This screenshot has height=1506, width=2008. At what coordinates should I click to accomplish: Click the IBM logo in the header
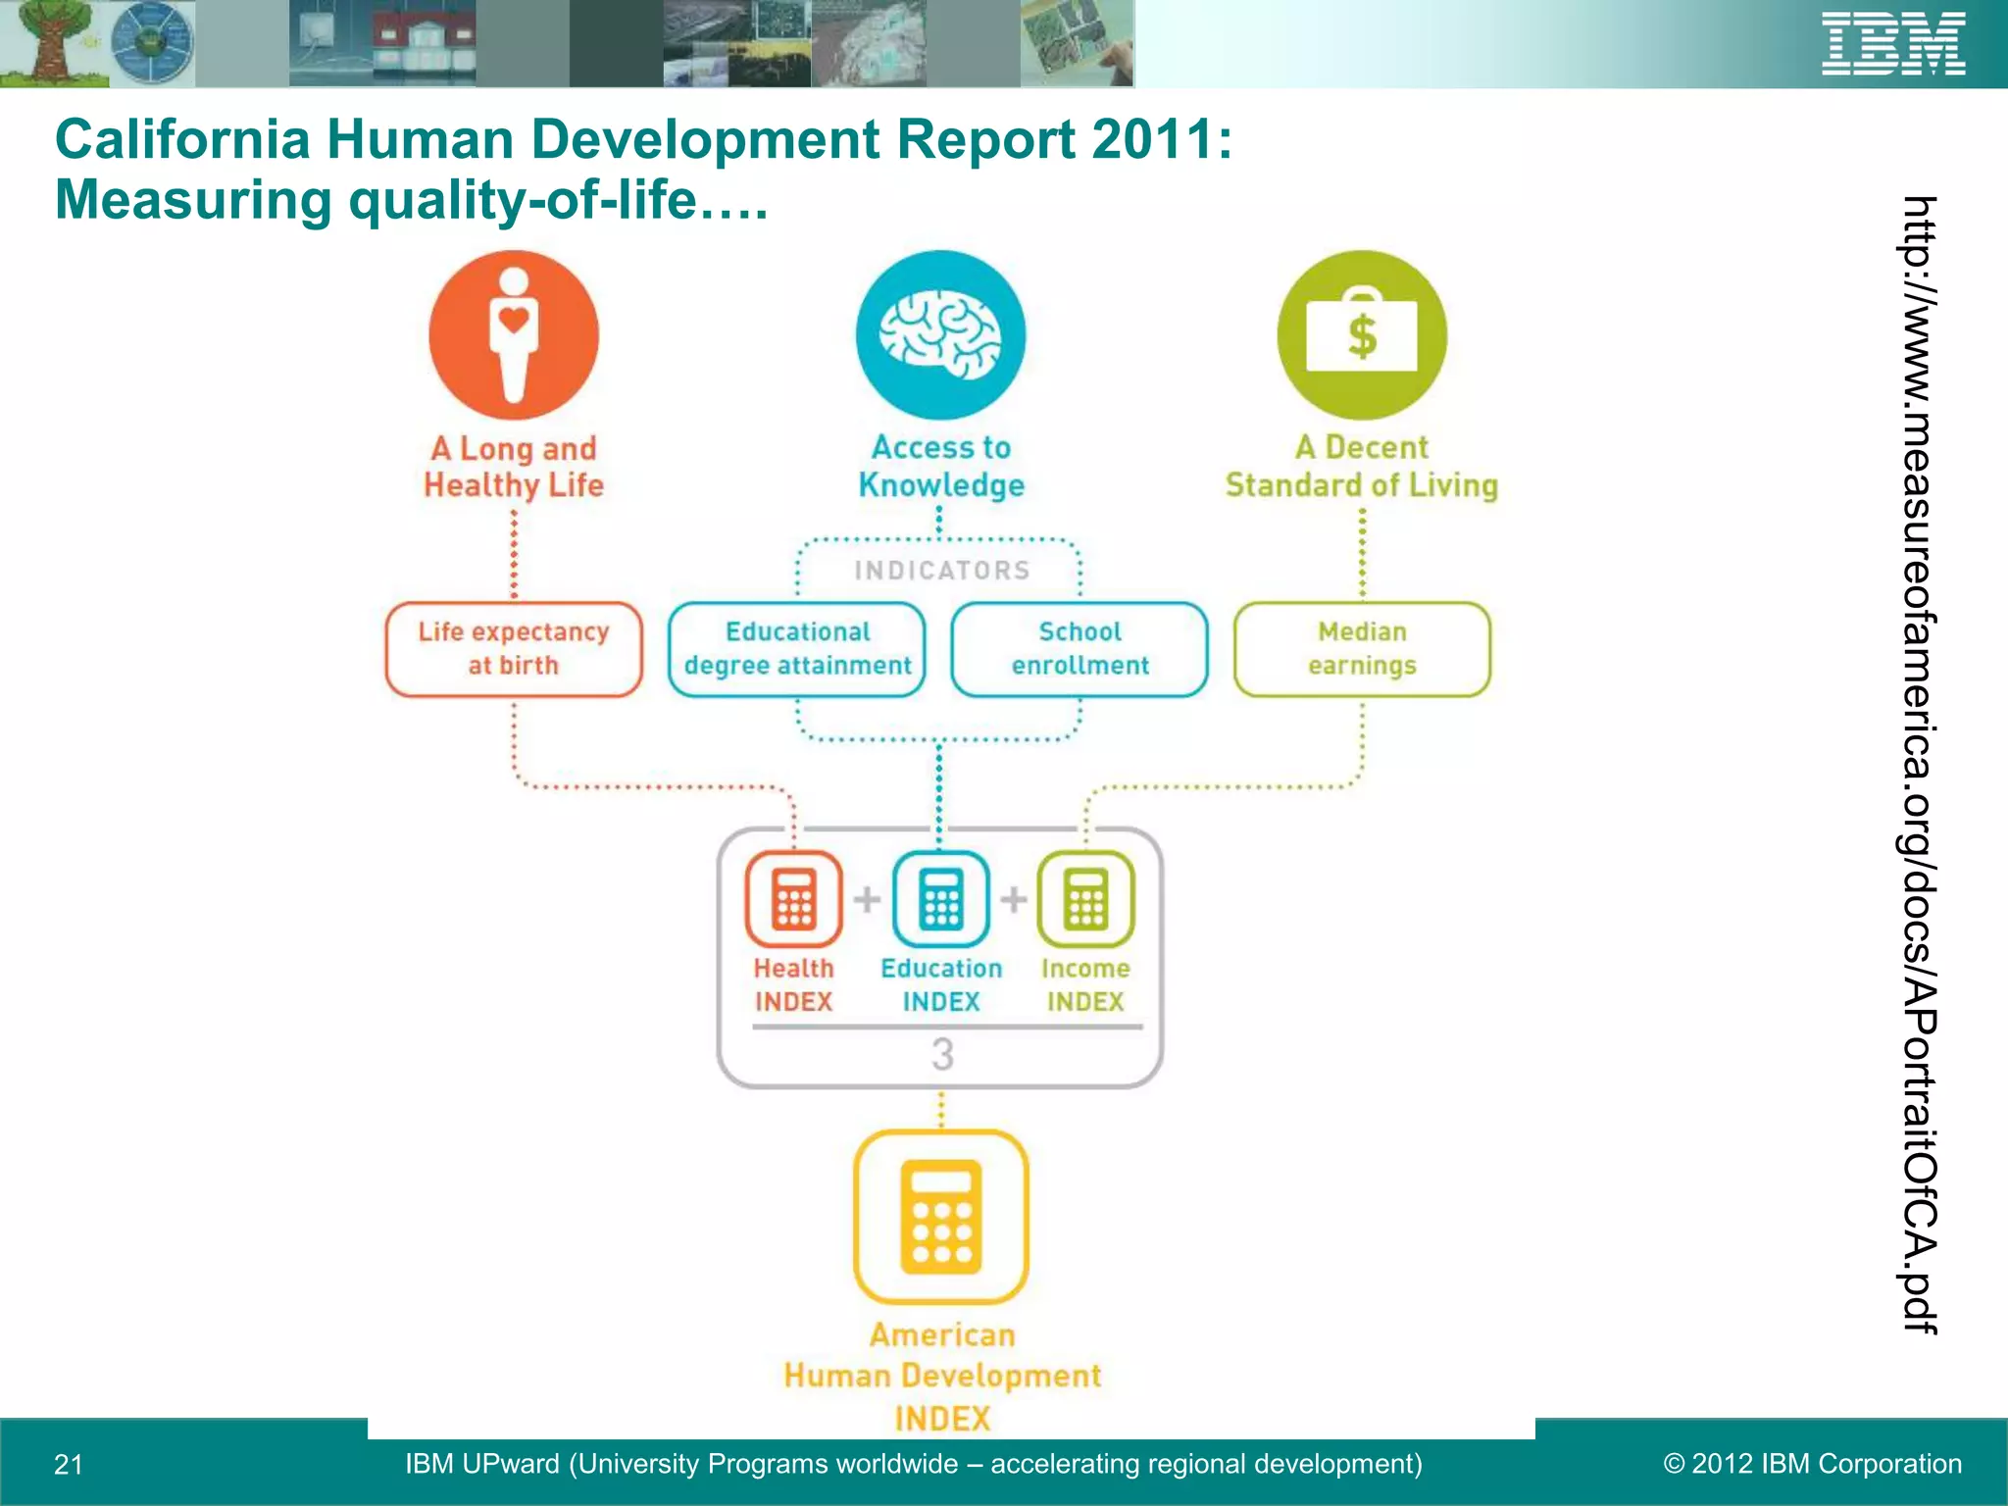pos(1892,44)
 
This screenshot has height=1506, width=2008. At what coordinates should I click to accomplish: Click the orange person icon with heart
pos(514,335)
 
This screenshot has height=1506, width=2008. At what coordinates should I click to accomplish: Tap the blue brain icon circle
pos(940,335)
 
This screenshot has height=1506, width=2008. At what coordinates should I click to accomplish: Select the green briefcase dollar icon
pos(1362,335)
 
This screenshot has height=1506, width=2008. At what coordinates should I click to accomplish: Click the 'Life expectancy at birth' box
pos(514,649)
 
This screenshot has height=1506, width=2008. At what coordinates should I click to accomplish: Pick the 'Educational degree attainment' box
pos(797,649)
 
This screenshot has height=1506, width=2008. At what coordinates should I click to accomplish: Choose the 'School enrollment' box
pos(1079,649)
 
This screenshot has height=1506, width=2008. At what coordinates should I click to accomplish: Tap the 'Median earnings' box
pos(1362,649)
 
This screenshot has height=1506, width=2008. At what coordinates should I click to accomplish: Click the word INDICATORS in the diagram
pos(941,571)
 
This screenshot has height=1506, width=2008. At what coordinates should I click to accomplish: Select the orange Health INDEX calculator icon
pos(793,898)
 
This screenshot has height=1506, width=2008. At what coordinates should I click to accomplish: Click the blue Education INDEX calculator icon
pos(940,898)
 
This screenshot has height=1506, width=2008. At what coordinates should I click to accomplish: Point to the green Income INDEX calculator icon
pos(1085,898)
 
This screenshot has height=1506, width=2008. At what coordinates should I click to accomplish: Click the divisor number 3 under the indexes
pos(942,1055)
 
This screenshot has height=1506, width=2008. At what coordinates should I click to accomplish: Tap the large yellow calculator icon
pos(941,1217)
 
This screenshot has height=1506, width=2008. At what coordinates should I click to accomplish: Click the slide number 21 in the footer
pos(69,1465)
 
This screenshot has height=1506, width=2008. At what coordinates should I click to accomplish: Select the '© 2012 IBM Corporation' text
pos(1813,1464)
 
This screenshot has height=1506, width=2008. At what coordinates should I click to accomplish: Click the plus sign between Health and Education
pos(867,898)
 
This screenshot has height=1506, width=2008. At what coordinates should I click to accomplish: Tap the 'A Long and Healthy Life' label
pos(514,467)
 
